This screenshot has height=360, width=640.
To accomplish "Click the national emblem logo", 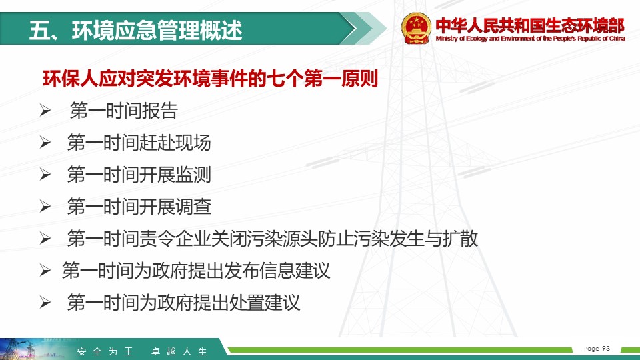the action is (416, 28).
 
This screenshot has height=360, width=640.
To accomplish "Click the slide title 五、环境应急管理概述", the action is (136, 30).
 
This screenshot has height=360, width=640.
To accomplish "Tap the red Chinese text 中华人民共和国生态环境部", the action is (530, 25).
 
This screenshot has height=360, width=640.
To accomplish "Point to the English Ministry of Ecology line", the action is (530, 39).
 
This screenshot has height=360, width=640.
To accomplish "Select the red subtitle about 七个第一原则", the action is (210, 79).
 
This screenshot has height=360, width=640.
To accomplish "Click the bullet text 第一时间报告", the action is (124, 111).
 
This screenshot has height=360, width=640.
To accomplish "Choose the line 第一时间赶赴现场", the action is (139, 143).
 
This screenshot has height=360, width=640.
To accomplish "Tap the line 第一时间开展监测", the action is (139, 174).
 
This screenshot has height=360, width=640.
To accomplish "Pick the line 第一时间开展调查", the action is (139, 206).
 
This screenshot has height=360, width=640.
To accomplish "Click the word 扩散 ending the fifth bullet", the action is (460, 239).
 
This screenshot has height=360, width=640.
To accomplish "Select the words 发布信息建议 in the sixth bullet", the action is (276, 270).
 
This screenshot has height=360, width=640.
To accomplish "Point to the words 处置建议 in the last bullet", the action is (264, 303).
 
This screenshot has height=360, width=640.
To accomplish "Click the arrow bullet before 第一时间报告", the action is (45, 111).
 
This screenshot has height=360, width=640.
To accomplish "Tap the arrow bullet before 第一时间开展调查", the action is (45, 206).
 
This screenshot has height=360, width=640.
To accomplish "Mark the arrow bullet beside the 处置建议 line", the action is (45, 303).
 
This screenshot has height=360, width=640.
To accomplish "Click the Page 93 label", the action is (597, 349).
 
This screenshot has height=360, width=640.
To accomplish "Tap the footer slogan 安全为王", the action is (105, 351).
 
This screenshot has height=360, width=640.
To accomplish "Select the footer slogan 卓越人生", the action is (179, 351).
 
